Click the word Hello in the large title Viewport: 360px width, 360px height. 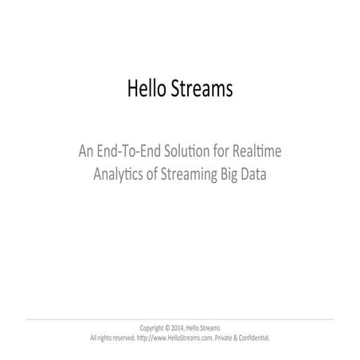tap(145, 88)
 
